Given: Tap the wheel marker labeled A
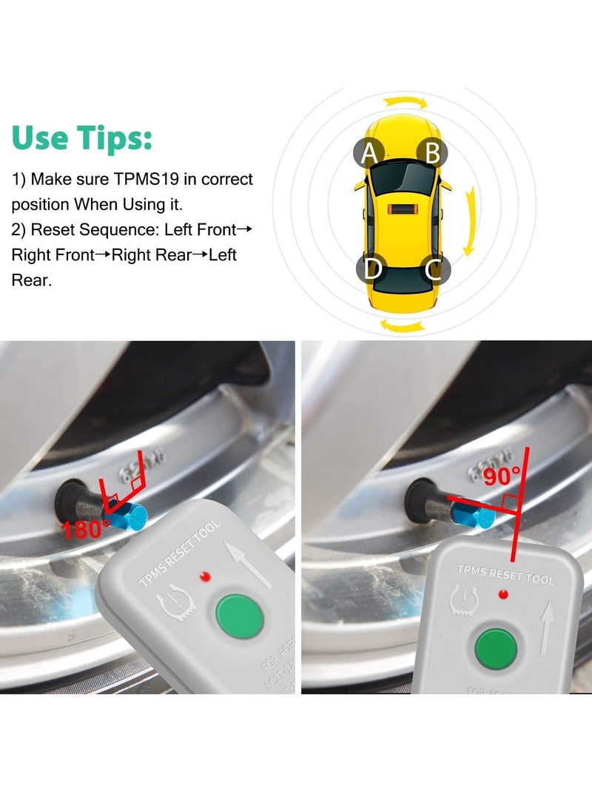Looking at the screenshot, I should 369,154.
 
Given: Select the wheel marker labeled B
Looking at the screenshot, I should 432,153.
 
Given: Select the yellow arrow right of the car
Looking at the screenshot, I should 468,222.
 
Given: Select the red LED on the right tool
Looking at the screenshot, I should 504,593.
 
